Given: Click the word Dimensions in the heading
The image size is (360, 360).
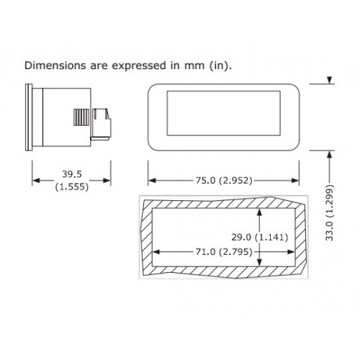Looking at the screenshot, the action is [x=55, y=66].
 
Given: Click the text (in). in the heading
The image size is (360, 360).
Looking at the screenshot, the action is [x=221, y=66].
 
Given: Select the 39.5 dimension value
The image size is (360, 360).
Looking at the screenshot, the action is [x=72, y=174].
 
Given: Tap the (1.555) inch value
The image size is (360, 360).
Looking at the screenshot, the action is [x=72, y=186].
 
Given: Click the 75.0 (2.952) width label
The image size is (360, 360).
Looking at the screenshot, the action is [x=224, y=181].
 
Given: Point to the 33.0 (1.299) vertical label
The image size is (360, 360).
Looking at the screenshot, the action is [x=330, y=212].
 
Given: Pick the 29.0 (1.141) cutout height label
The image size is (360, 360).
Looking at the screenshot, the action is [x=260, y=238].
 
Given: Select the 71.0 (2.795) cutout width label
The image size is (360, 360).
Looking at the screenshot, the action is [x=224, y=252].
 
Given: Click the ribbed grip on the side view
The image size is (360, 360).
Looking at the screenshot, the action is [x=81, y=117].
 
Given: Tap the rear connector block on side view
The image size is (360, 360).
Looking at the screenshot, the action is [x=101, y=124].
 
